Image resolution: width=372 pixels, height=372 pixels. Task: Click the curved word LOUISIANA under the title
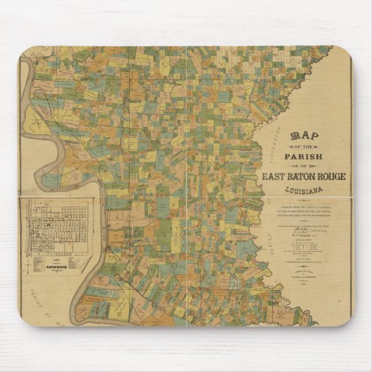pos(303,190)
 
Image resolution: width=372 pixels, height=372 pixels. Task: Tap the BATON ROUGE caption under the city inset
pos(56,267)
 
